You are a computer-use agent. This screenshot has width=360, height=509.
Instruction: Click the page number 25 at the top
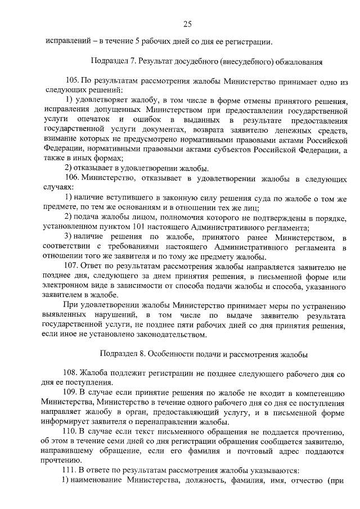(x=188, y=23)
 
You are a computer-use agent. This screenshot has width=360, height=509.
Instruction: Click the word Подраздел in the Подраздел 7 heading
(x=110, y=60)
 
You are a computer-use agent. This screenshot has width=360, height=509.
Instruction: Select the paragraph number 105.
(x=73, y=80)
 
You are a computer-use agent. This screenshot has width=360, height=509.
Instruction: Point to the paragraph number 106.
(x=73, y=178)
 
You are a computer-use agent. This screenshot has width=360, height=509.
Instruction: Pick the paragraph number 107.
(x=73, y=265)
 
